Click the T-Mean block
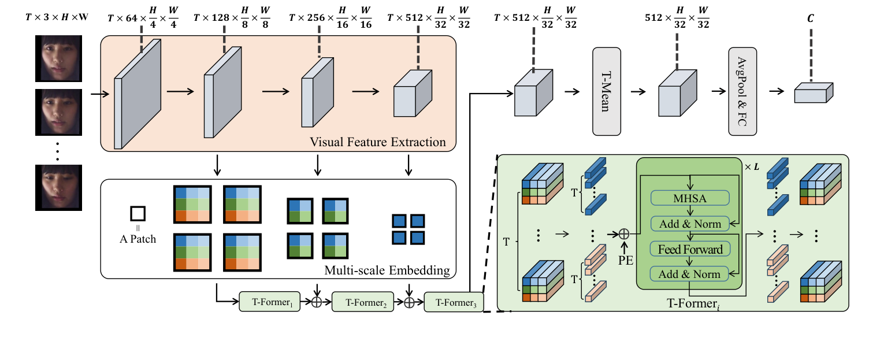pyautogui.click(x=606, y=91)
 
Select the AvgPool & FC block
pyautogui.click(x=742, y=91)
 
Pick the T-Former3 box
pyautogui.click(x=454, y=302)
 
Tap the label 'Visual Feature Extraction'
pyautogui.click(x=378, y=142)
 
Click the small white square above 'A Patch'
pyautogui.click(x=138, y=214)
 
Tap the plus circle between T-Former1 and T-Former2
pyautogui.click(x=317, y=302)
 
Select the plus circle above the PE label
pyautogui.click(x=623, y=233)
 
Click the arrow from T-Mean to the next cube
pyautogui.click(x=638, y=91)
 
